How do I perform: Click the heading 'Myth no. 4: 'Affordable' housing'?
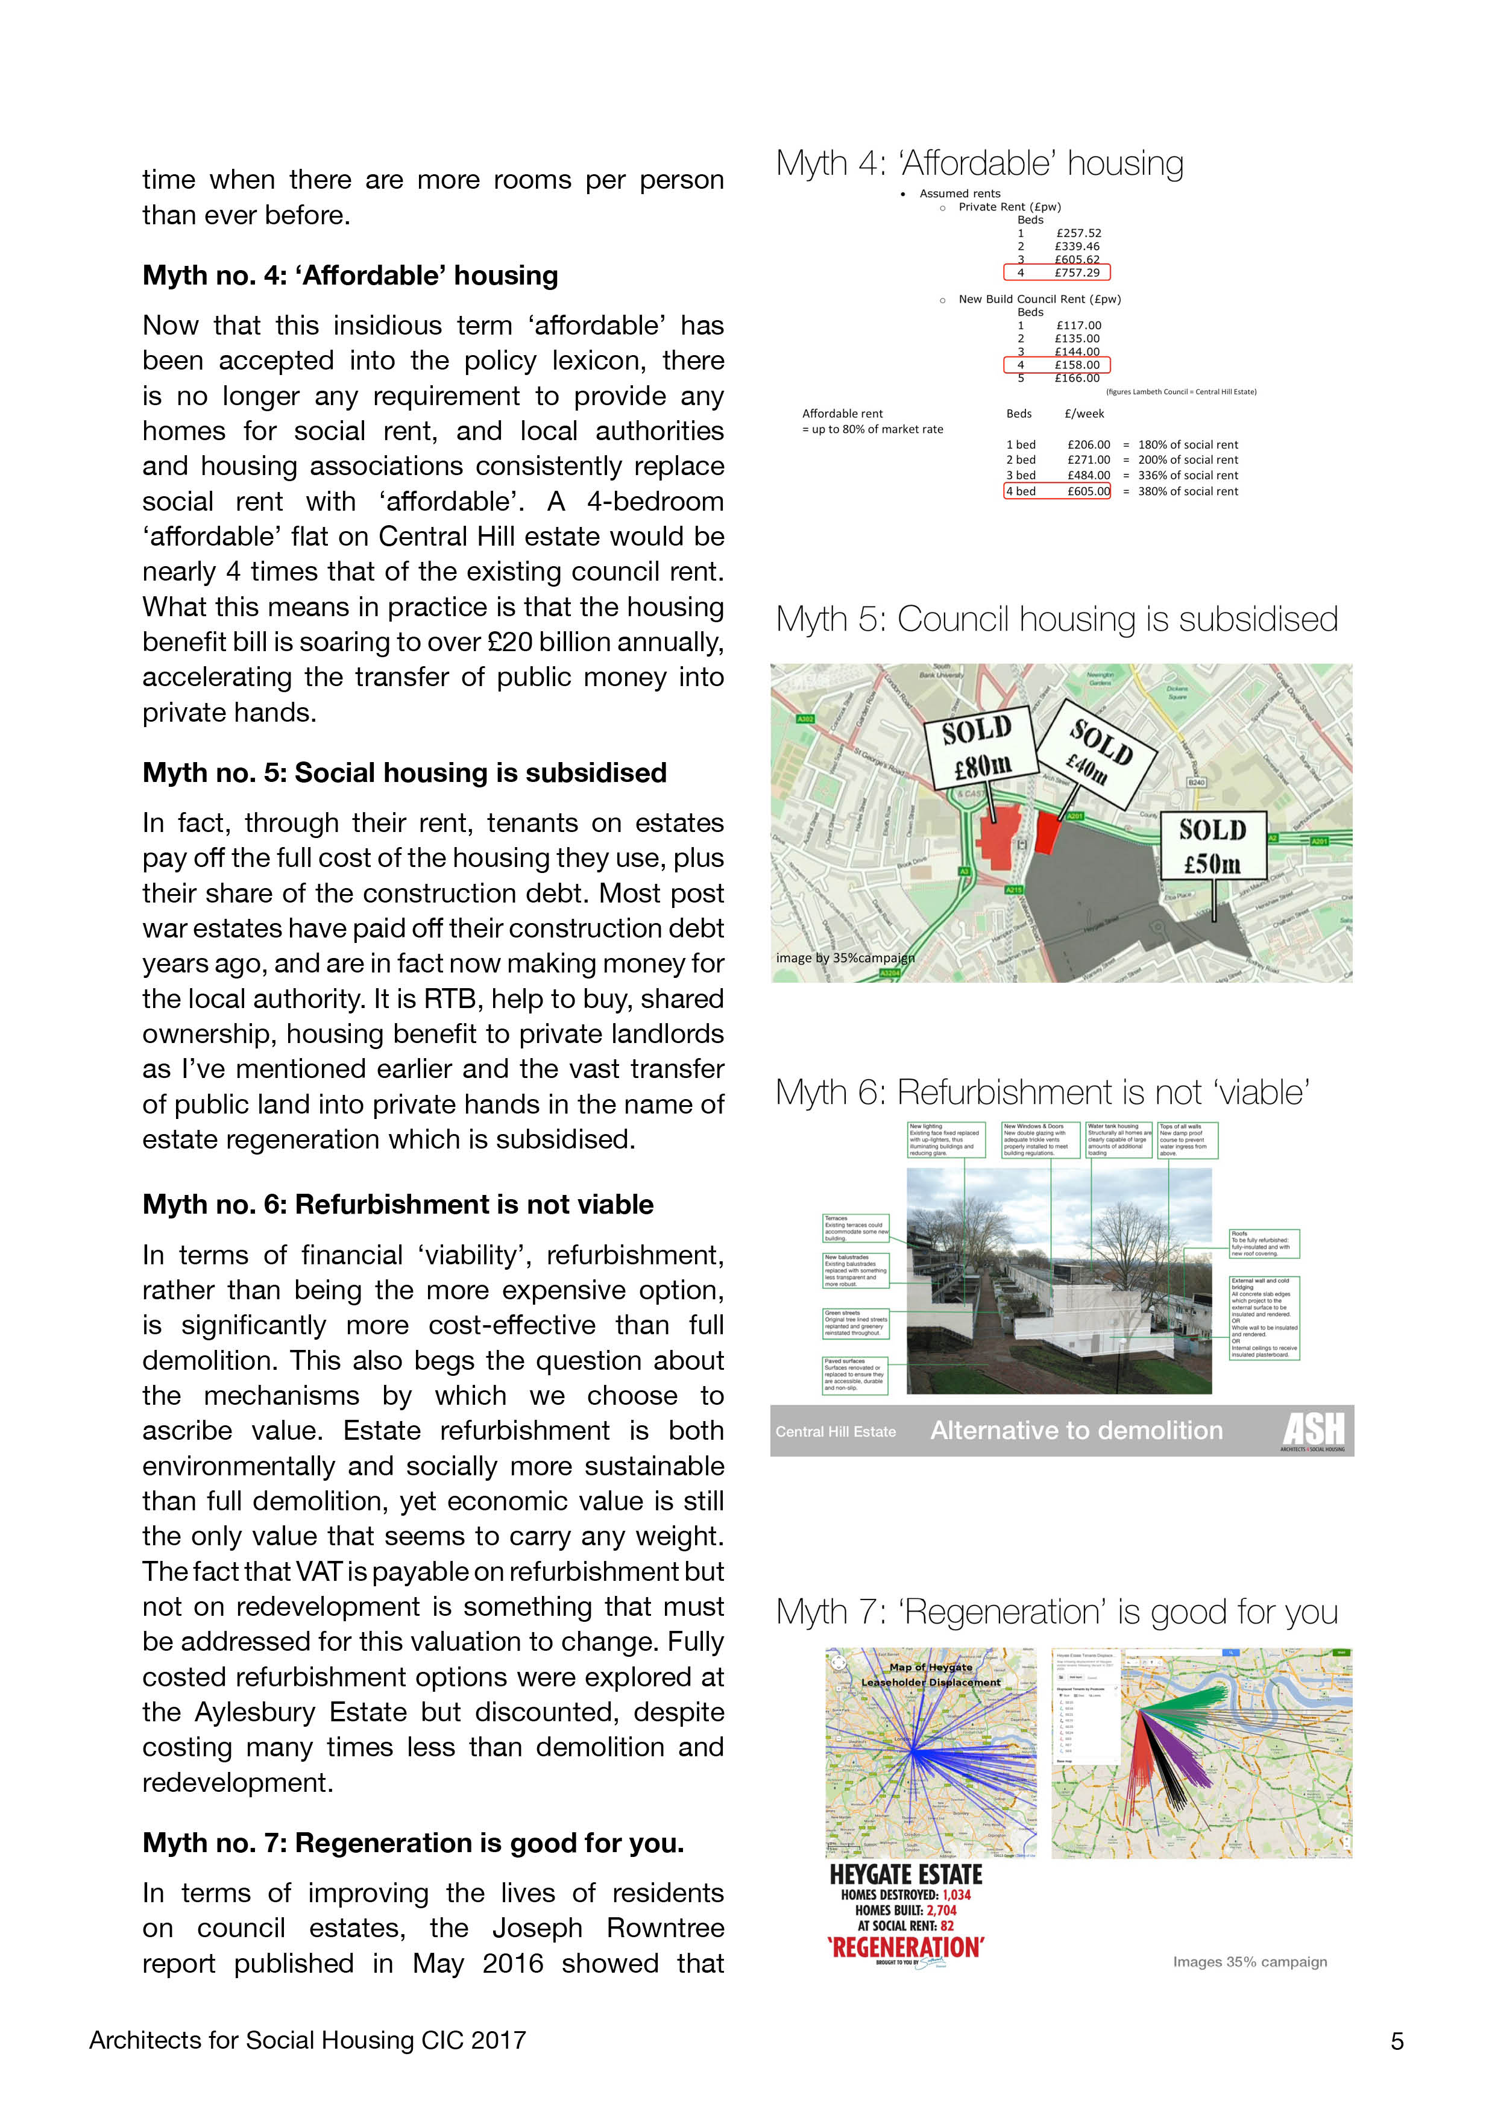pyautogui.click(x=350, y=276)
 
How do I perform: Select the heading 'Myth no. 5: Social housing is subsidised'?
pyautogui.click(x=404, y=773)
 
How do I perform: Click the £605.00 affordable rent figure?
pyautogui.click(x=1089, y=491)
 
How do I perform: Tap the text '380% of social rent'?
pyautogui.click(x=1188, y=491)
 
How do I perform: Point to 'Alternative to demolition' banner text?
pyautogui.click(x=1076, y=1431)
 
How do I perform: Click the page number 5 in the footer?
pyautogui.click(x=1397, y=2041)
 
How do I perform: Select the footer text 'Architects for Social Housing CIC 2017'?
pyautogui.click(x=307, y=2040)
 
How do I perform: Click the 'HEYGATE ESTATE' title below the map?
pyautogui.click(x=905, y=1876)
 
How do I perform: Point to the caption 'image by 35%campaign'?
pyautogui.click(x=845, y=958)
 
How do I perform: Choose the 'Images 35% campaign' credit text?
pyautogui.click(x=1249, y=1961)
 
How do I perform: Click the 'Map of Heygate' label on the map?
pyautogui.click(x=930, y=1667)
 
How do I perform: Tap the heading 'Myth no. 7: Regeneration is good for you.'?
pyautogui.click(x=413, y=1843)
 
